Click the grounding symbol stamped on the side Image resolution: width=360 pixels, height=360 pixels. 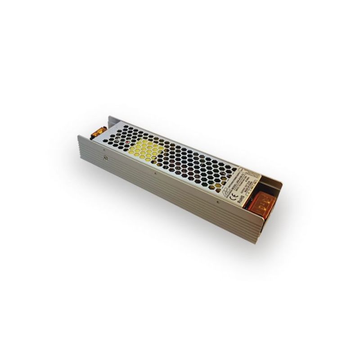106,158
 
